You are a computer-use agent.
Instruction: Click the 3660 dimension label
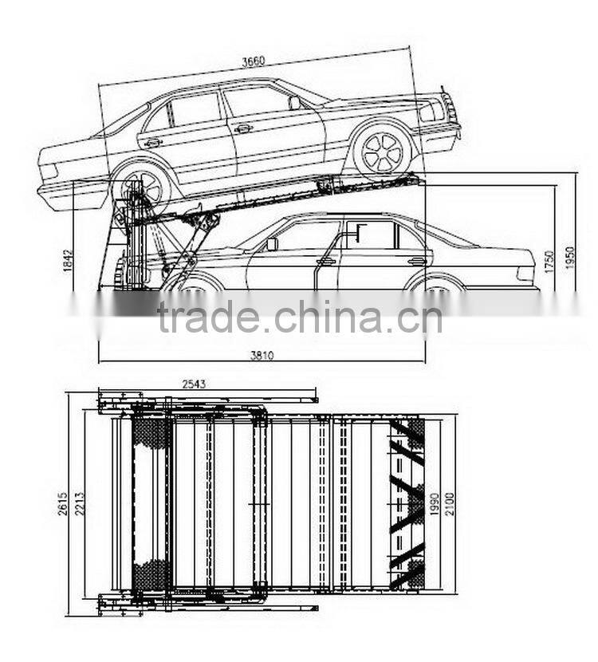254,62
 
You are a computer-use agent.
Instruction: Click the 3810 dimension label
262,356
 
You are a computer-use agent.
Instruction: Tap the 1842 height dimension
69,262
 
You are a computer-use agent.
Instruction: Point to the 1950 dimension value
571,257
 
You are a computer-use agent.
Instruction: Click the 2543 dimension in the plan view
194,384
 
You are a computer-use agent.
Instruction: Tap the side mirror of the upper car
294,103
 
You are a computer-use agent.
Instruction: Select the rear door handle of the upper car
152,142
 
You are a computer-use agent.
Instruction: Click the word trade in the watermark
207,318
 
